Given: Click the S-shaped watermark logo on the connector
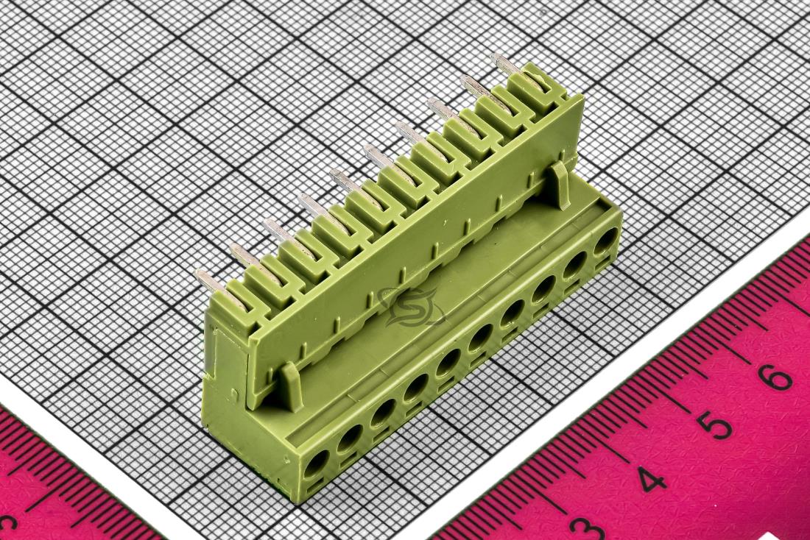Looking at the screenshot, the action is (411, 308).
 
